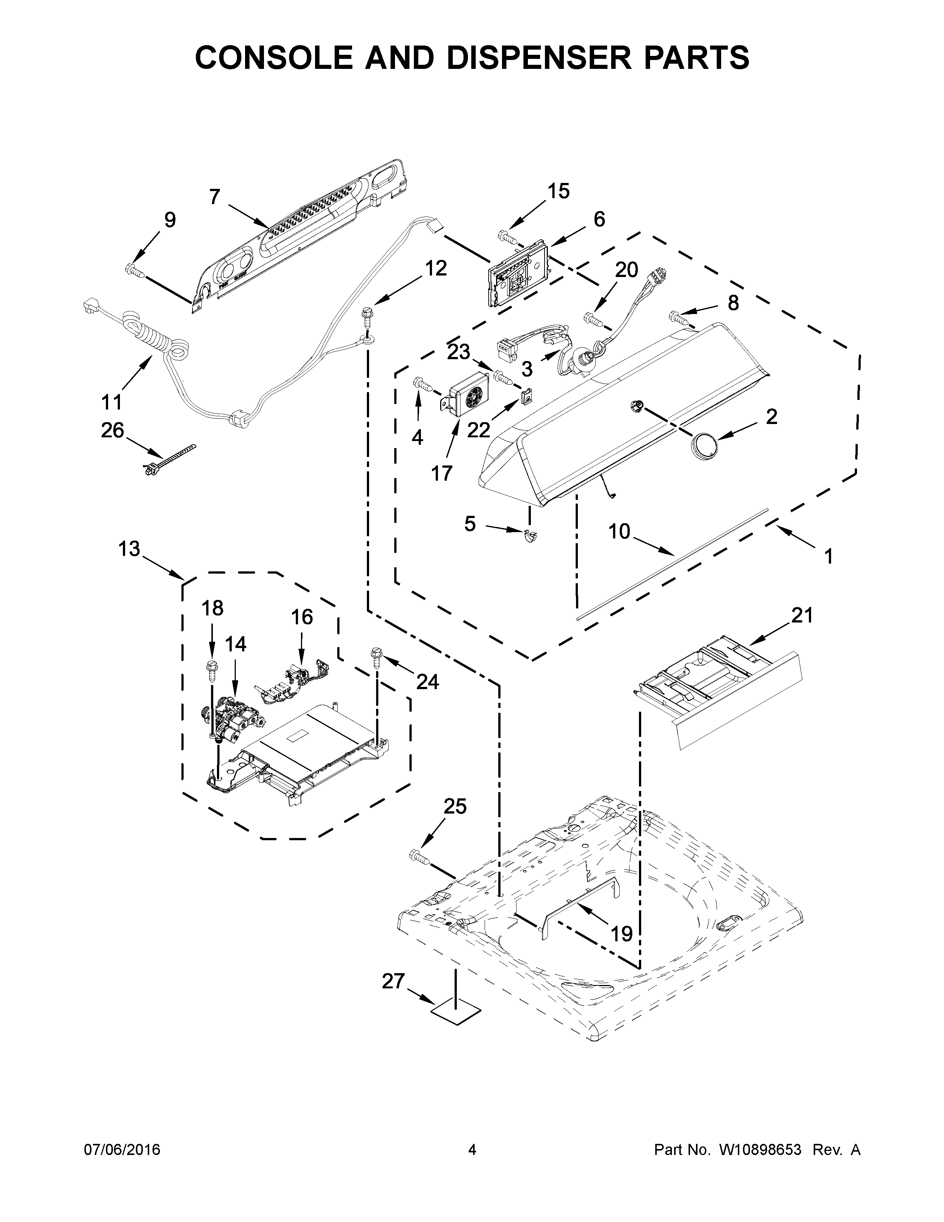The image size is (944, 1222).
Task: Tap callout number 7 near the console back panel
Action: coord(214,197)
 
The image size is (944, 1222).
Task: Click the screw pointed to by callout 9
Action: coord(135,271)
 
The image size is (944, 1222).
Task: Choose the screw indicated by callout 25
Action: coord(419,871)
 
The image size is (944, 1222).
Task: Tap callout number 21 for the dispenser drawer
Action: coord(801,615)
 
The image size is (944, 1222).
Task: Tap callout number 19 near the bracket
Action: coord(621,933)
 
